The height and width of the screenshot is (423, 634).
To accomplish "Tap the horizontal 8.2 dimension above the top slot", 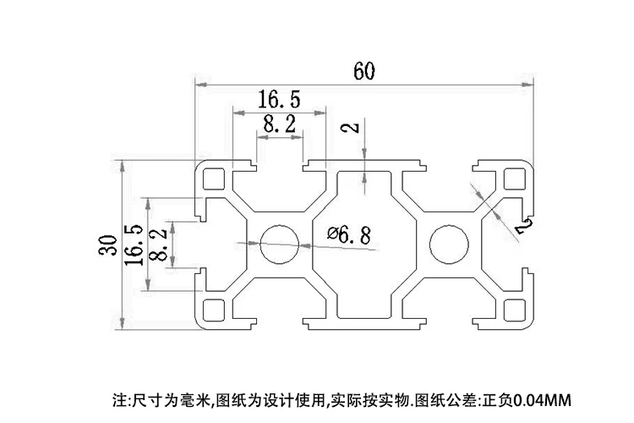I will [x=279, y=124].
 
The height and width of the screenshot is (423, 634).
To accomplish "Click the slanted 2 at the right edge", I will [x=522, y=226].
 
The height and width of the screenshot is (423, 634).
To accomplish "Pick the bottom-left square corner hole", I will [x=212, y=309].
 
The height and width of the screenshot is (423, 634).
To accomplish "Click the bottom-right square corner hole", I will [x=514, y=309].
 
